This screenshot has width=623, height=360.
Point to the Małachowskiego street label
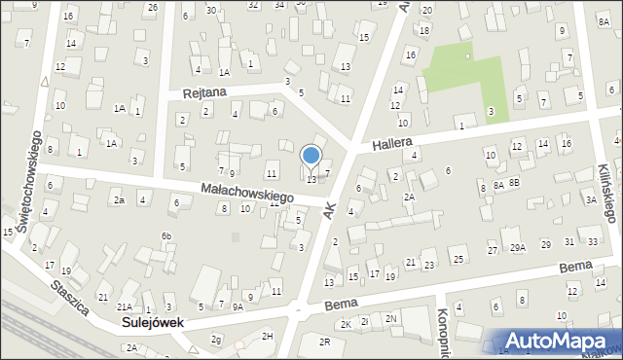[247, 192]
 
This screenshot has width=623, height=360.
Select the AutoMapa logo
[560, 340]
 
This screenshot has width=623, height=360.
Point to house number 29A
[518, 248]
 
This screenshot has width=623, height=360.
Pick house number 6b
[166, 236]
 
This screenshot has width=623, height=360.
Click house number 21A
[125, 306]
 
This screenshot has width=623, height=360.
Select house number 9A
[237, 306]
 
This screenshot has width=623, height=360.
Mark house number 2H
[268, 336]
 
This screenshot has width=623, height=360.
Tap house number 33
[594, 241]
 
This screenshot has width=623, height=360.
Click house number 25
[458, 259]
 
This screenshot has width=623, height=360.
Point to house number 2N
[390, 318]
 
